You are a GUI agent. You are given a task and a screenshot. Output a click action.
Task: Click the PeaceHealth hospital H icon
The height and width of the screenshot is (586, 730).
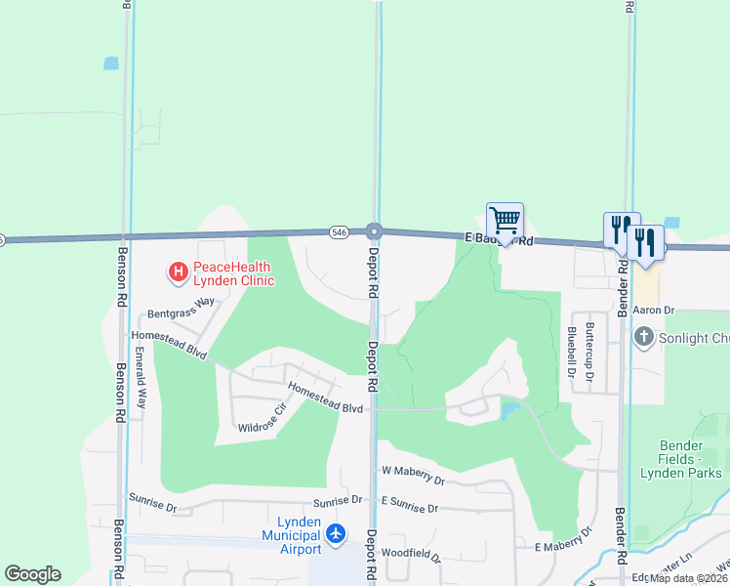coord(178,272)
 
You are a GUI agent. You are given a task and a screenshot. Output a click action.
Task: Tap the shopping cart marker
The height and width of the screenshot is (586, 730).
coord(505,220)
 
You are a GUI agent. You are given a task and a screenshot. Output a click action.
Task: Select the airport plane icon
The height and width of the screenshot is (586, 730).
coord(336,534)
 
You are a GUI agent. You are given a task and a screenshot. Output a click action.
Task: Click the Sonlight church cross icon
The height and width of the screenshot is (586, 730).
coord(643,338)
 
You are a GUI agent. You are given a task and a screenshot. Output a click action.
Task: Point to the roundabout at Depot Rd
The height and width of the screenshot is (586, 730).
coord(374,231)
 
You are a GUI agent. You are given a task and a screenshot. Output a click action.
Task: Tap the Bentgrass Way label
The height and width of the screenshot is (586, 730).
coord(181,309)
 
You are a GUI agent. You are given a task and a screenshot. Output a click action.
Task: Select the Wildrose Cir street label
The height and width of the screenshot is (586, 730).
coord(262,417)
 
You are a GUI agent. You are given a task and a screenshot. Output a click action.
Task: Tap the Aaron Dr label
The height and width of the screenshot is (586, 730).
coord(654,310)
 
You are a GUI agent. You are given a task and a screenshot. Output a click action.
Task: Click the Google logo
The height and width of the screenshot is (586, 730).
coord(32,574)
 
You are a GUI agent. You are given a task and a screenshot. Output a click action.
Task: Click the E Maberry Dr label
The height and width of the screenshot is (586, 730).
coord(563,540)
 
